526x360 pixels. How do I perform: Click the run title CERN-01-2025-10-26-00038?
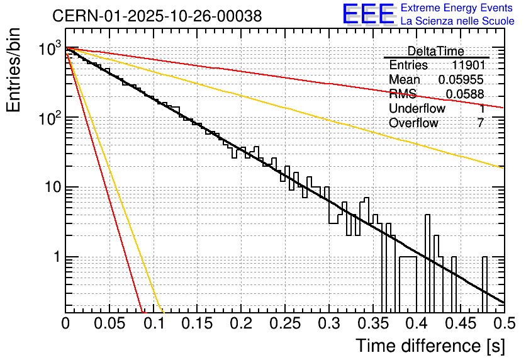click(157, 17)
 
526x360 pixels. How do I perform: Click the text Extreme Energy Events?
click(457, 8)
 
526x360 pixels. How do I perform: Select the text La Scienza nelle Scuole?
click(457, 21)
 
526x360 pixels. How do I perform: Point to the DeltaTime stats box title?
click(436, 51)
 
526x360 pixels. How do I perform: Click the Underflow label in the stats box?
click(417, 109)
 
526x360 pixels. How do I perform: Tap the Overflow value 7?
click(480, 123)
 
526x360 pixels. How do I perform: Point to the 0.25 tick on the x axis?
click(284, 323)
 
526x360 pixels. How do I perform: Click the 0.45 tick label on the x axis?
click(460, 323)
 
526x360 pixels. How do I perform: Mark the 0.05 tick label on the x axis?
click(109, 323)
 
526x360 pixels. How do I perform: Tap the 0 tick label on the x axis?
click(65, 323)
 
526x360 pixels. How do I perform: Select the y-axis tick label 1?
click(56, 257)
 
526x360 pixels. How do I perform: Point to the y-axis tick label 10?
click(50, 188)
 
